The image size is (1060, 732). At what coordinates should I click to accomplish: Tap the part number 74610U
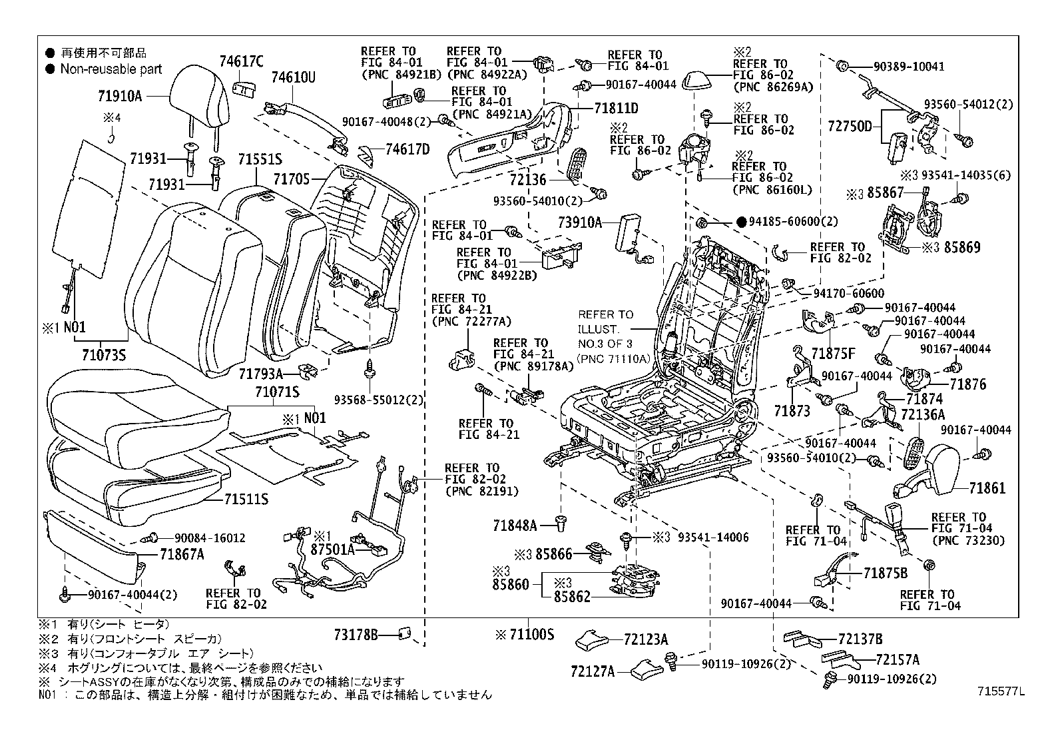(x=293, y=78)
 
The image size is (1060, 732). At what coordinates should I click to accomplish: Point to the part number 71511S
(x=246, y=498)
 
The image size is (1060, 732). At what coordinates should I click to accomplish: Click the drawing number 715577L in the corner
(x=1000, y=692)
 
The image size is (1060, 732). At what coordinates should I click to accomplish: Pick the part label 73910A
(x=579, y=222)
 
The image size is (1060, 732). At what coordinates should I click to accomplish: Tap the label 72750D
(x=850, y=125)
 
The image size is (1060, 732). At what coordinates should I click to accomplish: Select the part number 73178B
(x=356, y=636)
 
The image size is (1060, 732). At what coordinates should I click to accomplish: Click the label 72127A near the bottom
(x=592, y=671)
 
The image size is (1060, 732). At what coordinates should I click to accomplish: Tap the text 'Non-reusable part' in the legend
(x=111, y=69)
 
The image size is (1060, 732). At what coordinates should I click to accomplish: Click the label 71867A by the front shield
(x=182, y=553)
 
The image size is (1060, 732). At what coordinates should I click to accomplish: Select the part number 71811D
(x=616, y=108)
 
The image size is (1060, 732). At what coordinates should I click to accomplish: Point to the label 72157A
(x=897, y=659)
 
